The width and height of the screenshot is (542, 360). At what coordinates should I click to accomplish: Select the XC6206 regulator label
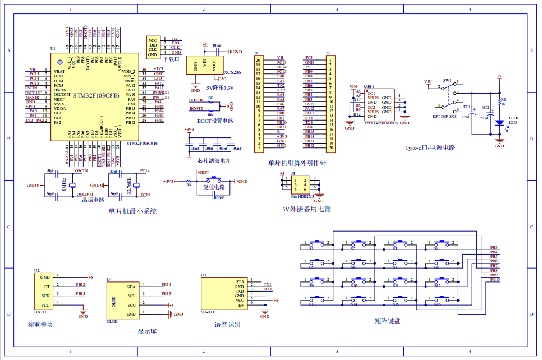click(232, 72)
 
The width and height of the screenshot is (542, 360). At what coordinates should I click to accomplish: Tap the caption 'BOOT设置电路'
click(215, 121)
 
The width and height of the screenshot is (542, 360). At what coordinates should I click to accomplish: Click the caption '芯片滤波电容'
click(214, 160)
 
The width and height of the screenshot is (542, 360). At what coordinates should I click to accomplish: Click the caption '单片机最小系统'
click(132, 211)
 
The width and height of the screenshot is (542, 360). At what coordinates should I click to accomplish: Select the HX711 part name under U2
click(40, 311)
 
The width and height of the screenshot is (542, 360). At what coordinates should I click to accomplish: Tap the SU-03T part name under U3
click(208, 312)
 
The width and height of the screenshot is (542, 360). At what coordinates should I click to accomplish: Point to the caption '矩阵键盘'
click(388, 321)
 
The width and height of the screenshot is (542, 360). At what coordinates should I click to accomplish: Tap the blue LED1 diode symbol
click(499, 122)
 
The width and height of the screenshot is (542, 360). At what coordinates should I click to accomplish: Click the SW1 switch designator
click(447, 81)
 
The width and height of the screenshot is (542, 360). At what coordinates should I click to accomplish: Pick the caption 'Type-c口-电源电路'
click(430, 148)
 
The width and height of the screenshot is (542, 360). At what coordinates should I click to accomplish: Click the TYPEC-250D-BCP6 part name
click(381, 122)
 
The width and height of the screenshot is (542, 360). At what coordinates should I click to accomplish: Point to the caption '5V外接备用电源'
click(306, 209)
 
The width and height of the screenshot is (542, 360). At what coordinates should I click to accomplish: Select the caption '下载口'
click(169, 58)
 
